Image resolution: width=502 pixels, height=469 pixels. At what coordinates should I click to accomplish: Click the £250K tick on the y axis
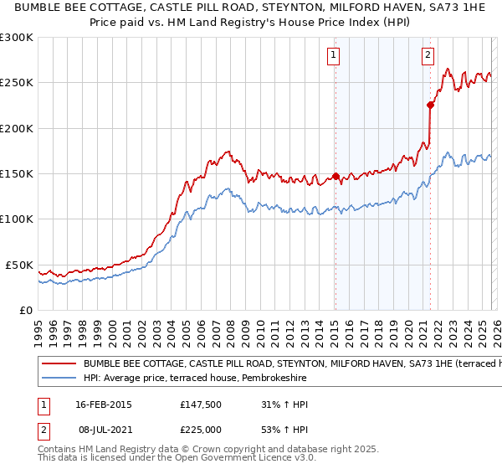point(18,83)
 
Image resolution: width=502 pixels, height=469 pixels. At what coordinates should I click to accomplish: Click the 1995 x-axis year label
point(38,325)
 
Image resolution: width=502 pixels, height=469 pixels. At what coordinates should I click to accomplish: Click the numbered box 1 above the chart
point(333,55)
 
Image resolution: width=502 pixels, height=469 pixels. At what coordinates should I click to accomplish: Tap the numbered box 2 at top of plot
point(428,55)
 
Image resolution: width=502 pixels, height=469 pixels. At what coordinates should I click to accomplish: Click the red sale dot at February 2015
point(336,176)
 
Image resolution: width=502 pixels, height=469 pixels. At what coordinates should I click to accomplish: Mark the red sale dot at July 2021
point(430,105)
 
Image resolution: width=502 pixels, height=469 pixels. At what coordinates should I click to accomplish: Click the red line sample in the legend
point(59,364)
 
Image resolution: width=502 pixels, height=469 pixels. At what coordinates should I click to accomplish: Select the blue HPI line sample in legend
point(59,379)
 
